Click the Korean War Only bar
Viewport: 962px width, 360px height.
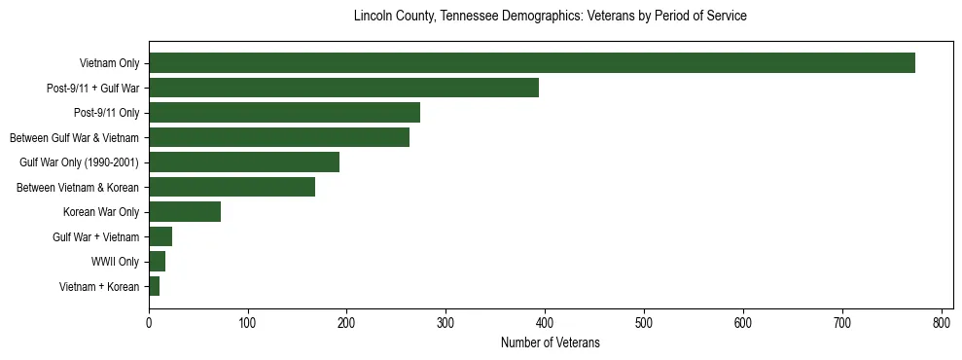point(185,212)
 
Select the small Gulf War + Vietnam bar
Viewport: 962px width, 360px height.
point(160,236)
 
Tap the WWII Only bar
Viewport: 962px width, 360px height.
point(157,262)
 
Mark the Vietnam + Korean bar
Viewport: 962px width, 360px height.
point(154,286)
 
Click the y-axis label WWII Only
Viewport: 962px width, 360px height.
point(115,262)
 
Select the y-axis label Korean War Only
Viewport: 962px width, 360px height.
point(101,212)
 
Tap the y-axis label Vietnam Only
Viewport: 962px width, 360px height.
point(109,63)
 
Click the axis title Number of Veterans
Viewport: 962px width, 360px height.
point(550,343)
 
